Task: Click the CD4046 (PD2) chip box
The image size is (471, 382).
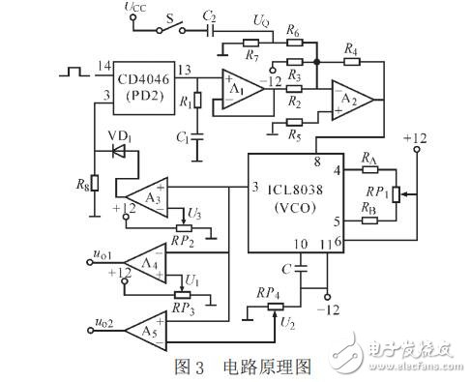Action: [x=136, y=85]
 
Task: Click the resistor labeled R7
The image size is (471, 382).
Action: [x=251, y=43]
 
